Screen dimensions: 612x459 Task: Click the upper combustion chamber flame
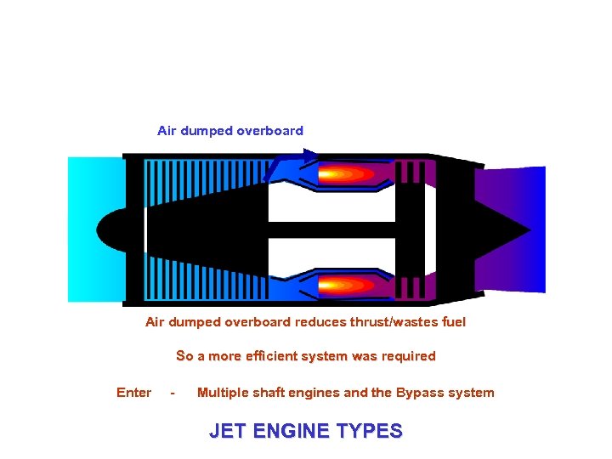click(343, 175)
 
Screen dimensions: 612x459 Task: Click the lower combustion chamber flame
click(343, 285)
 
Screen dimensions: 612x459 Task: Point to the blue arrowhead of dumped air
click(309, 155)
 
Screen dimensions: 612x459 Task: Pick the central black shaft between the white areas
click(331, 230)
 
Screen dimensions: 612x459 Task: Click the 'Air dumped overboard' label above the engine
click(229, 131)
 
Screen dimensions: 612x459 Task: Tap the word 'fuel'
click(451, 322)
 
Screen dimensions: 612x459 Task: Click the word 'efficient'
click(279, 356)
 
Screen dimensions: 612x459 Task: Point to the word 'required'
click(406, 356)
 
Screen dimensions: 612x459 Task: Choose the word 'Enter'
click(133, 393)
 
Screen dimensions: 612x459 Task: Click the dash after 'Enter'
click(173, 393)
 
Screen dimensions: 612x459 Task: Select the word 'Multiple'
click(224, 393)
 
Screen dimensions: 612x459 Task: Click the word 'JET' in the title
click(225, 431)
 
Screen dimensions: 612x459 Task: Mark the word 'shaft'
click(271, 393)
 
